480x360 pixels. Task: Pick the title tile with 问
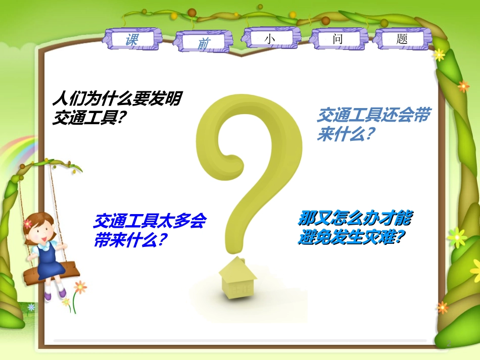338,39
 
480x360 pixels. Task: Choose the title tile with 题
402,39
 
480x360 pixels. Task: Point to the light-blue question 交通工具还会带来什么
374,124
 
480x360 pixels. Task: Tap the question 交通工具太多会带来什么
150,230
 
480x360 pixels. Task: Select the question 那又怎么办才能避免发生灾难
355,227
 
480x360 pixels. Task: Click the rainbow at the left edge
20,151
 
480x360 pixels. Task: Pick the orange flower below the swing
80,287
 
